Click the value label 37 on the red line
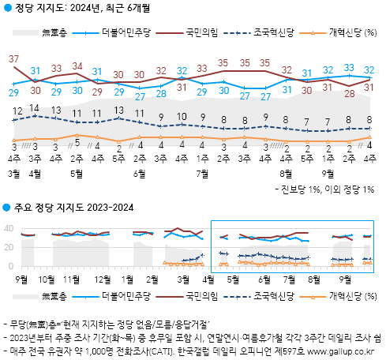click(14, 59)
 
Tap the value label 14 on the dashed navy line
click(35, 108)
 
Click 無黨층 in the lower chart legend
click(54, 295)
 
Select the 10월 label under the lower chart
click(46, 279)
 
